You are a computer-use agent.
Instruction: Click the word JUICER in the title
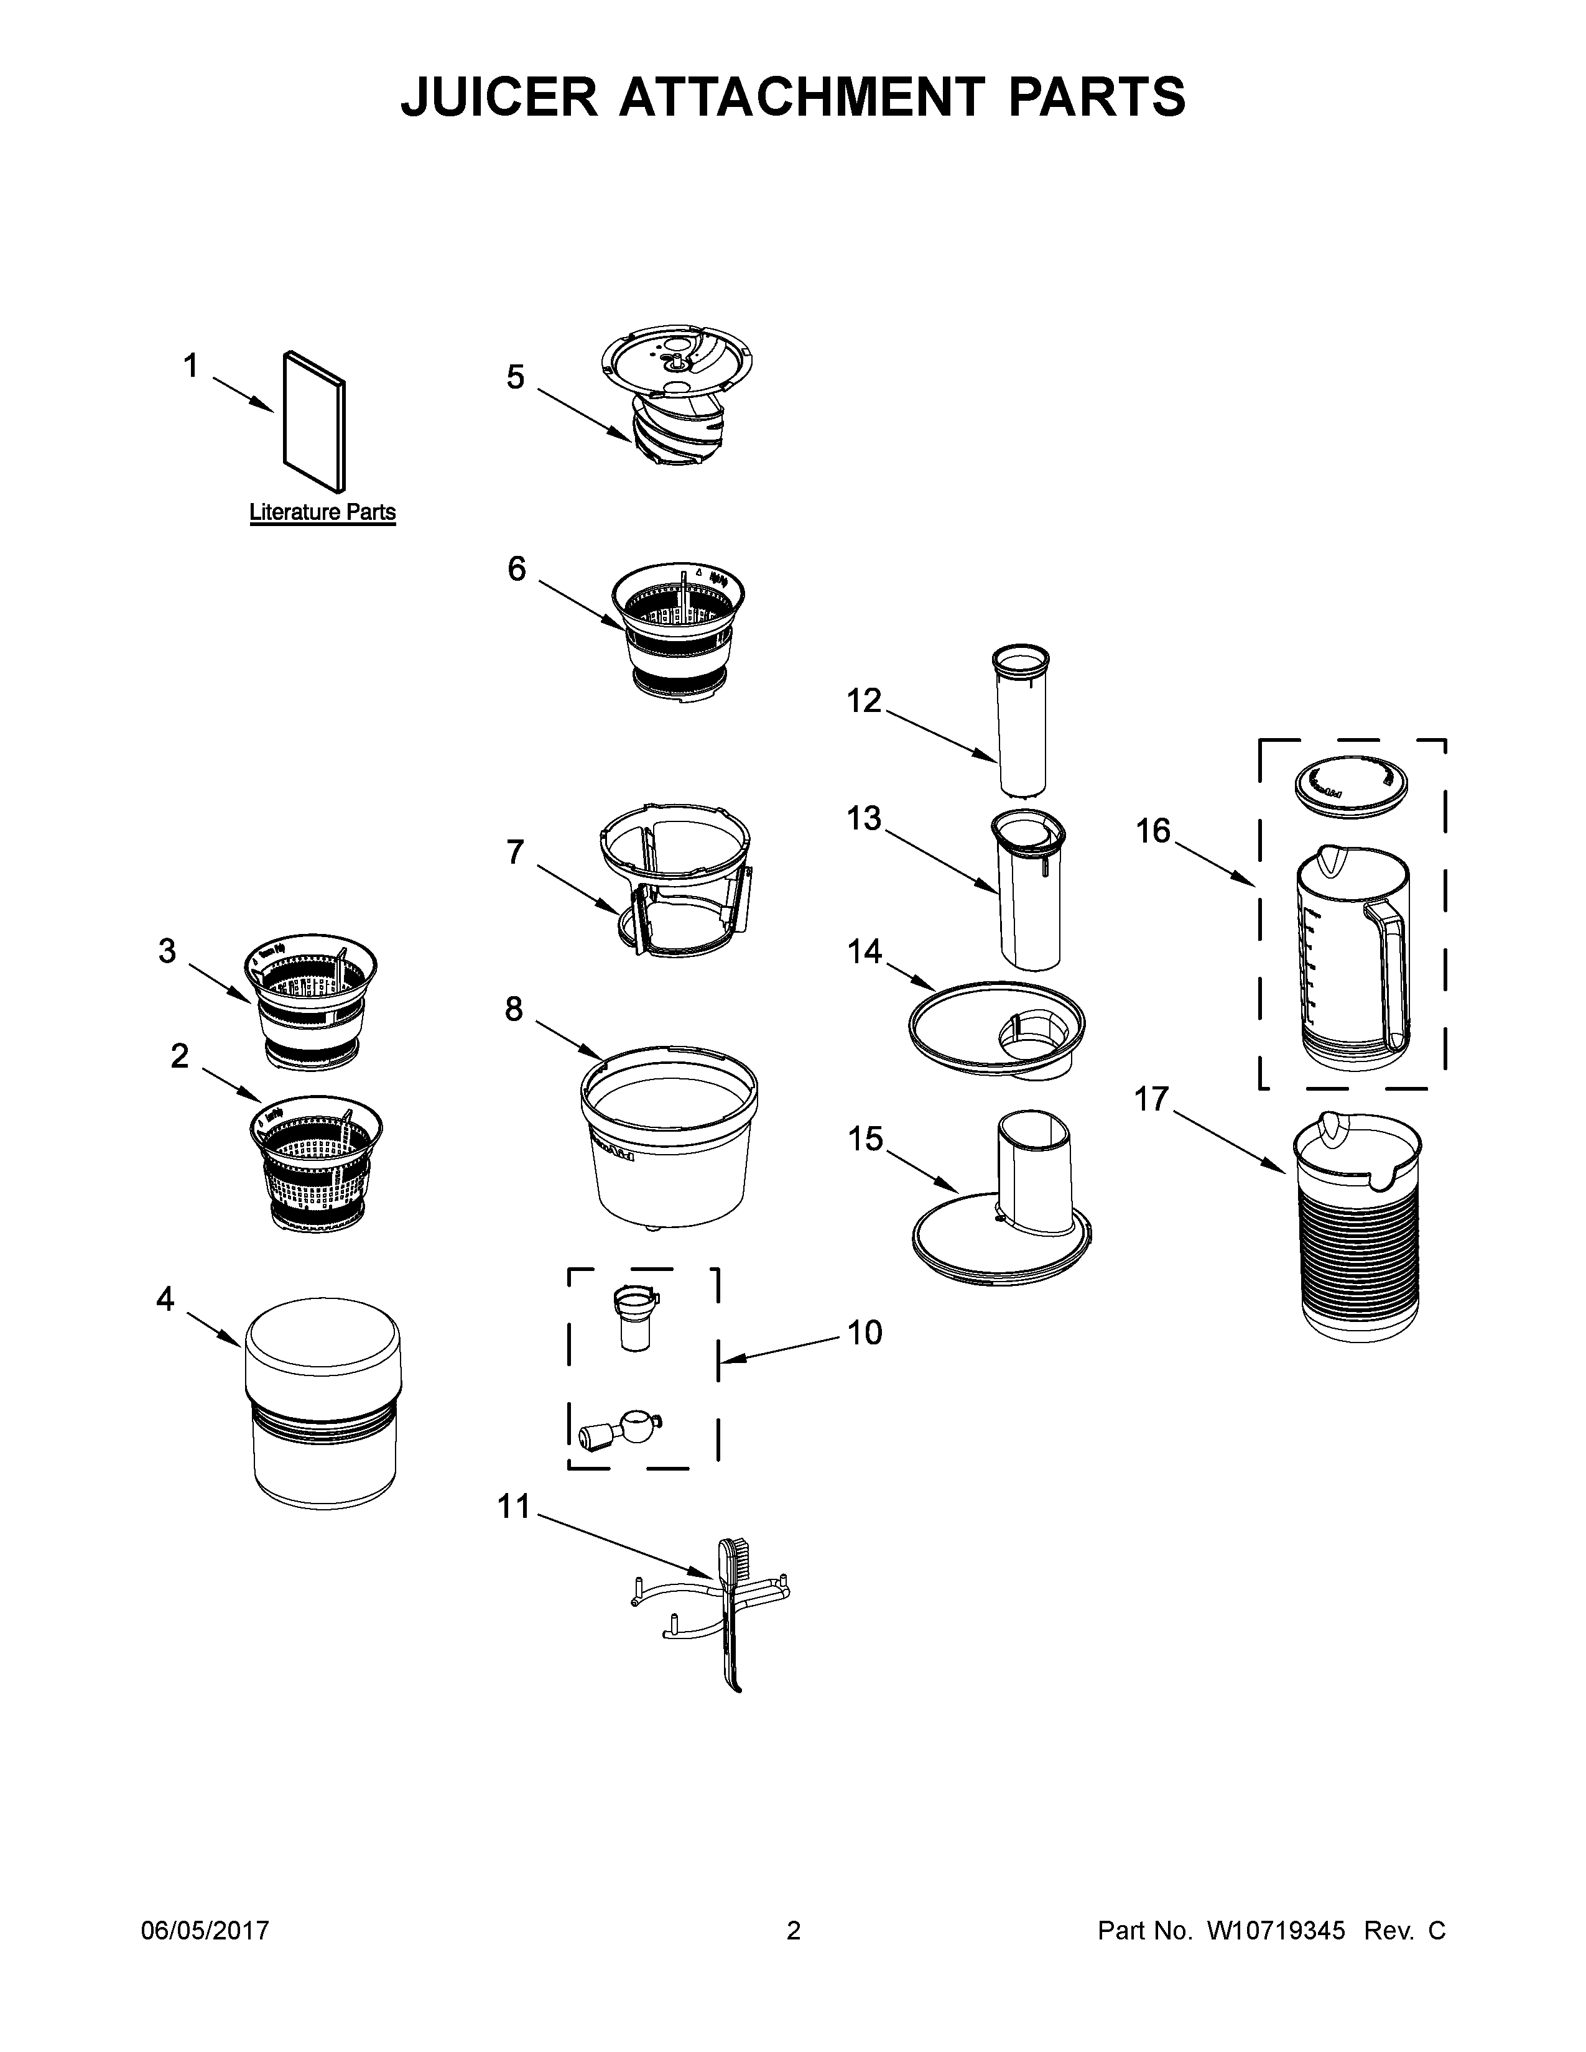pos(499,97)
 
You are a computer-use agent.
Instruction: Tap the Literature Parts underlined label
pos(322,513)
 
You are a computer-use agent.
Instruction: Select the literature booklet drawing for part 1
pos(314,421)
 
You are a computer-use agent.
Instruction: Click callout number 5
pos(515,377)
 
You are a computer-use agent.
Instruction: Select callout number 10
pos(865,1333)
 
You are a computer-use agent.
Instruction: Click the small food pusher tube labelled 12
pos(1023,719)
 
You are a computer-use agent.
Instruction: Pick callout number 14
pos(865,952)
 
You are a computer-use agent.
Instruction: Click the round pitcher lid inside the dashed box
pos(1350,779)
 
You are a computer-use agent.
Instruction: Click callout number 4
pos(165,1300)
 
